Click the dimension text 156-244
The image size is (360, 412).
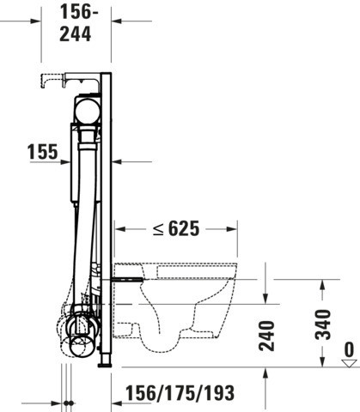point(76,23)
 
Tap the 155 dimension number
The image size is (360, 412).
point(42,152)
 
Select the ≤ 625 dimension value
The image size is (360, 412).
point(176,228)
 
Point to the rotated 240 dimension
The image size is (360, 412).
point(266,336)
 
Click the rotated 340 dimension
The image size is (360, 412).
point(323,324)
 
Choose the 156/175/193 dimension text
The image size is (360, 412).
point(180,393)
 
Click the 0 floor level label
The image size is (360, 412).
point(349,349)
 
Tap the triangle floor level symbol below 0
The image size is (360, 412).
point(349,363)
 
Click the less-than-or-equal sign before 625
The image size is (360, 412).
point(158,229)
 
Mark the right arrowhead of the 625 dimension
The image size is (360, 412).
point(232,229)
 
